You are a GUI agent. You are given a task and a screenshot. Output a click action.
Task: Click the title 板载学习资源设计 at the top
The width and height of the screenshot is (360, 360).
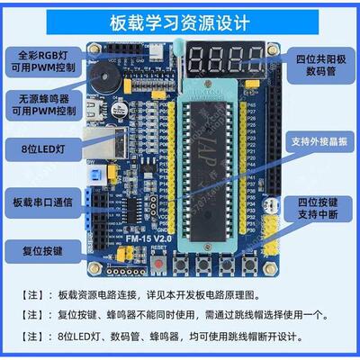180,20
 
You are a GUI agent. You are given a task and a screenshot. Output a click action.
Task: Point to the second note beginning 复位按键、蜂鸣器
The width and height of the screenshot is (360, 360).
180,316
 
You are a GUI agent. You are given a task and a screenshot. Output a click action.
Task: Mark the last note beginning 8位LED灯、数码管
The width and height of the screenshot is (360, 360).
180,338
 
